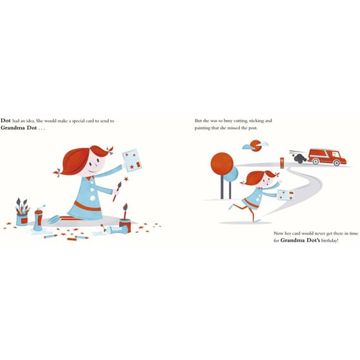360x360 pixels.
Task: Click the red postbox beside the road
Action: (x=282, y=163)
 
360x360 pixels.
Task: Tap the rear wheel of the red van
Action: (x=316, y=161)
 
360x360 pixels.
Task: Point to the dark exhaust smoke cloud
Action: (x=299, y=158)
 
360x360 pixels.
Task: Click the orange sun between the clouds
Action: (x=256, y=146)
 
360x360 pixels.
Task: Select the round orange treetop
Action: (x=222, y=164)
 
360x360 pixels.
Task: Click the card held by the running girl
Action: (x=285, y=195)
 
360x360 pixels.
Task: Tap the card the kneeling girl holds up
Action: (x=132, y=160)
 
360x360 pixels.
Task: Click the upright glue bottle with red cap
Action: (x=38, y=219)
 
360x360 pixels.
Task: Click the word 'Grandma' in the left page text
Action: (x=13, y=128)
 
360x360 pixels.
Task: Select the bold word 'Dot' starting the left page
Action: (x=6, y=121)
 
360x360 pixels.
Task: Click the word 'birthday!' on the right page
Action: (x=330, y=240)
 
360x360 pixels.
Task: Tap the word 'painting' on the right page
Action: (x=202, y=128)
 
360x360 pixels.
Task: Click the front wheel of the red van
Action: (x=336, y=163)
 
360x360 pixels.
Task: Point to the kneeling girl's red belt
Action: (x=87, y=206)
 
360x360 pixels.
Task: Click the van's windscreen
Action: (x=336, y=154)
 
